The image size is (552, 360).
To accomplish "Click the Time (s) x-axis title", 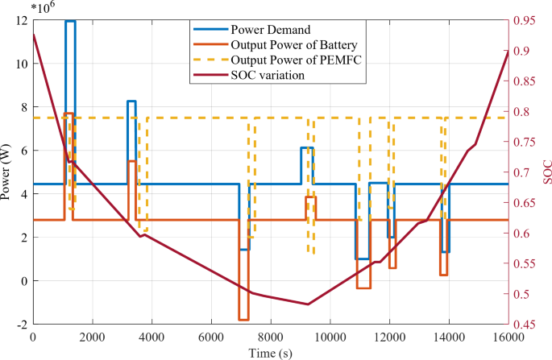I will (x=271, y=354).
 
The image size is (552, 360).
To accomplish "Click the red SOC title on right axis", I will (x=546, y=172).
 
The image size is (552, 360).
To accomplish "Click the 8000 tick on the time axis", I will (x=271, y=337).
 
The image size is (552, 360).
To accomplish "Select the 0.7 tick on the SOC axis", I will (x=521, y=172).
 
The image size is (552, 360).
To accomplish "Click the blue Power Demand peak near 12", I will (x=70, y=21).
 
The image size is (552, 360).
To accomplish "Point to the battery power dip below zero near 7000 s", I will (x=243, y=320).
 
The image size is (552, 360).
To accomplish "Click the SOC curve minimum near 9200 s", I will (x=307, y=304).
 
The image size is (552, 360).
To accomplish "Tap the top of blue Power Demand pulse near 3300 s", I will (x=131, y=101).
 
